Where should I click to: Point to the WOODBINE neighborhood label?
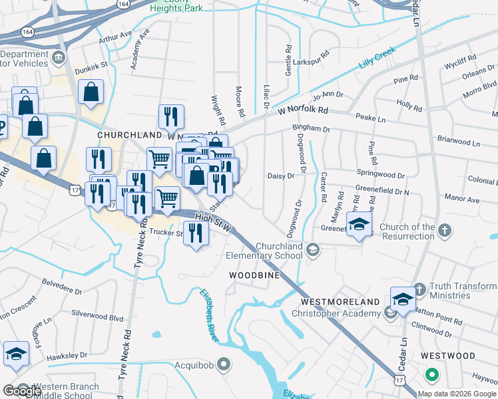(x=254, y=275)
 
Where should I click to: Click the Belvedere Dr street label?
(x=61, y=291)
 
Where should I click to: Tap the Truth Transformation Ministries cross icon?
(x=419, y=290)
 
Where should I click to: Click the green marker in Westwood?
(x=432, y=375)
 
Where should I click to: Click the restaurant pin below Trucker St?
(x=195, y=232)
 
